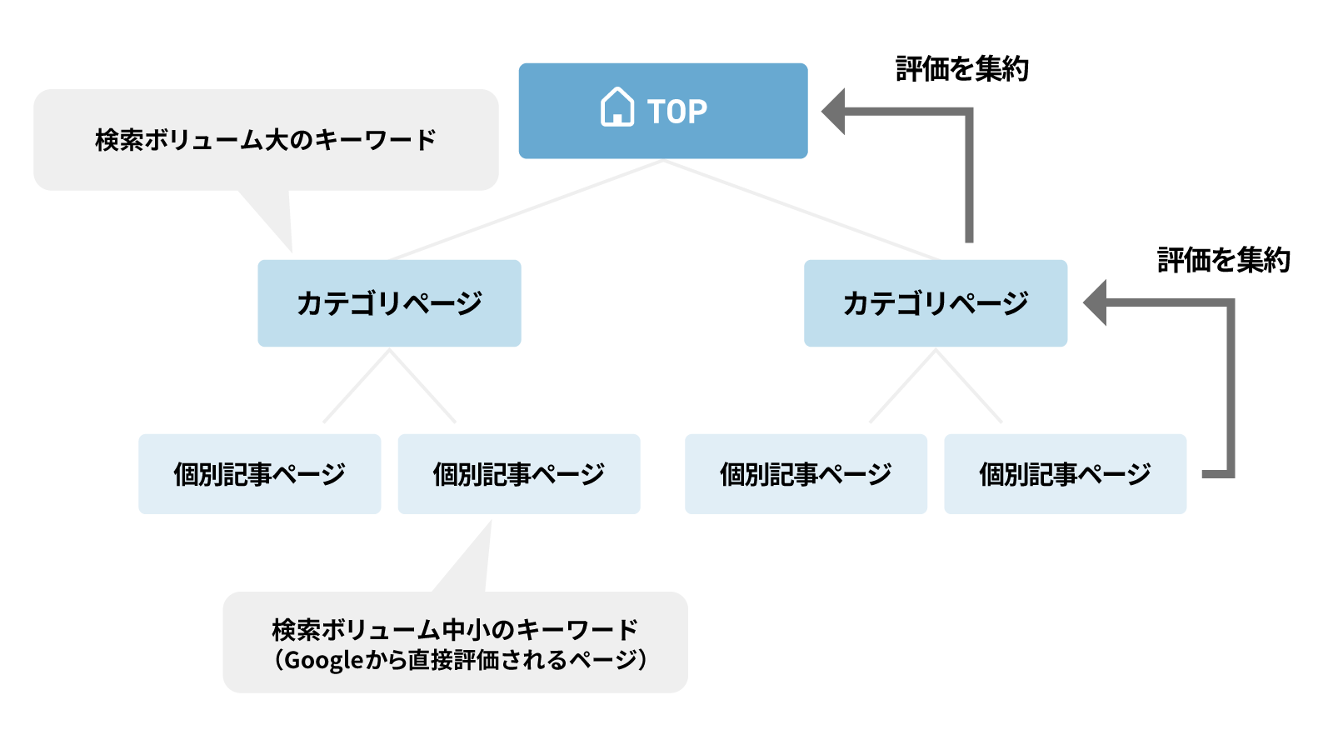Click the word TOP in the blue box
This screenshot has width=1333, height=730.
coord(677,112)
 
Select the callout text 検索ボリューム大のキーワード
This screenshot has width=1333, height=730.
coord(265,140)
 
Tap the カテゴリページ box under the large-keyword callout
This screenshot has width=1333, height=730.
coord(389,303)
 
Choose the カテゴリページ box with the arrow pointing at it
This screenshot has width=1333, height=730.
coord(935,303)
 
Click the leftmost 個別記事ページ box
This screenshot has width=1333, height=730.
coord(259,474)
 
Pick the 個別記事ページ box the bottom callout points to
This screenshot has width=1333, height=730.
coord(518,474)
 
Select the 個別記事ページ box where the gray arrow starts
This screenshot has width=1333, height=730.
coord(1065,474)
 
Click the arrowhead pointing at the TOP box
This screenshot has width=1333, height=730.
coord(834,111)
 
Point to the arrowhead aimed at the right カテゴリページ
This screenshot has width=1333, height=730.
coord(1096,302)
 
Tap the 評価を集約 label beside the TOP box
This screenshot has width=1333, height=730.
coord(962,69)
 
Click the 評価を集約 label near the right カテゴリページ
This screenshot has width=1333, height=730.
coord(1223,261)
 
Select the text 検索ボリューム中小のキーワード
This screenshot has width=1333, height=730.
coord(455,629)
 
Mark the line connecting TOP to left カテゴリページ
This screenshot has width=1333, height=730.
coord(525,210)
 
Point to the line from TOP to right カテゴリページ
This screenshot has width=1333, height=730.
coord(800,210)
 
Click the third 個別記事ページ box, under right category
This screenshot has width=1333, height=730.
coord(806,474)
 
